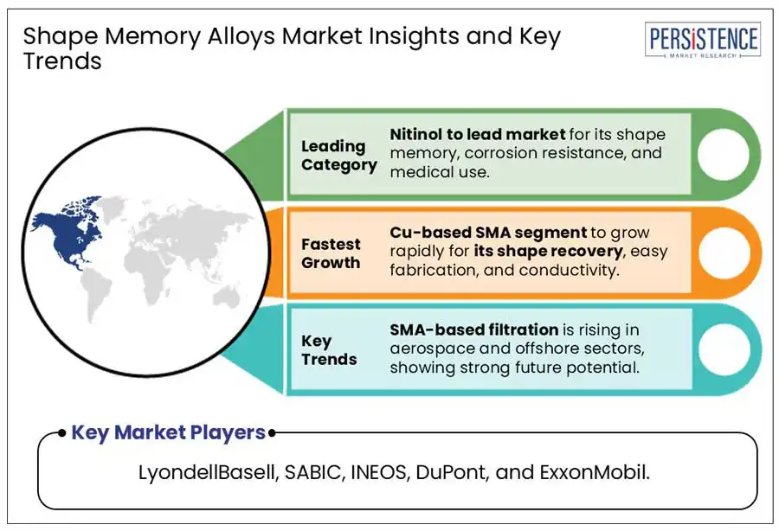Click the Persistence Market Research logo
702,41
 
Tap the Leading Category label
338,156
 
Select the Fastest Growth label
331,253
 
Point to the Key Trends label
329,349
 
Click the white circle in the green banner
722,155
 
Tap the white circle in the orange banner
722,253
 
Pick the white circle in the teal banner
722,349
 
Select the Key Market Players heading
168,432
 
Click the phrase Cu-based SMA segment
475,233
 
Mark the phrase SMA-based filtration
473,329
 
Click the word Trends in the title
62,61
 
